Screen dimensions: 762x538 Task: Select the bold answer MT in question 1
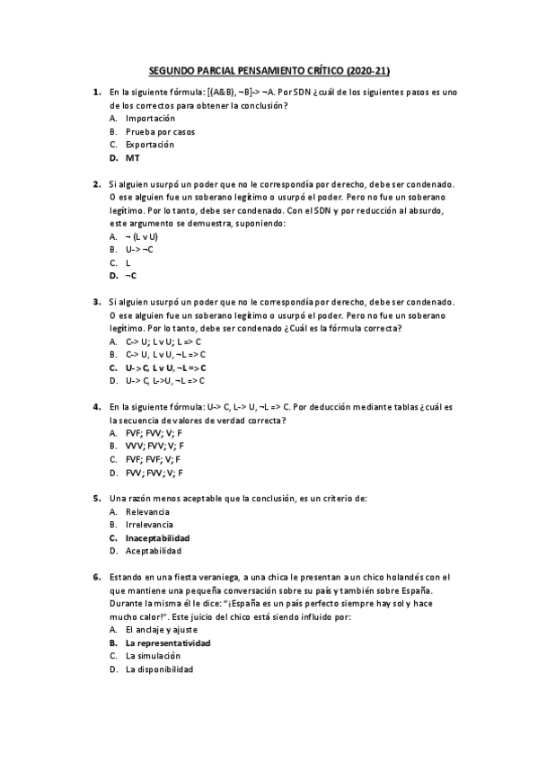click(132, 157)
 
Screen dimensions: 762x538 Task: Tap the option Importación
click(150, 119)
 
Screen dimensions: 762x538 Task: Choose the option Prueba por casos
click(160, 131)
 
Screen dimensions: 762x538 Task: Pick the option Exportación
click(150, 145)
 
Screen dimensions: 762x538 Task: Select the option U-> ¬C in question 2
click(139, 249)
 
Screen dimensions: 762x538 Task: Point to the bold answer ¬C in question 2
click(131, 276)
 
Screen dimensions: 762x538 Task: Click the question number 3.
click(96, 303)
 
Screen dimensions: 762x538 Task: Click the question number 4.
click(96, 407)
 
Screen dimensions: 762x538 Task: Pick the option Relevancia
click(147, 511)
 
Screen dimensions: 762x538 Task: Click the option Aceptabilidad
click(153, 551)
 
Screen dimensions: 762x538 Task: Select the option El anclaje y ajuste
click(163, 630)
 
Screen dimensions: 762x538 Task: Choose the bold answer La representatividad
click(168, 643)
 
